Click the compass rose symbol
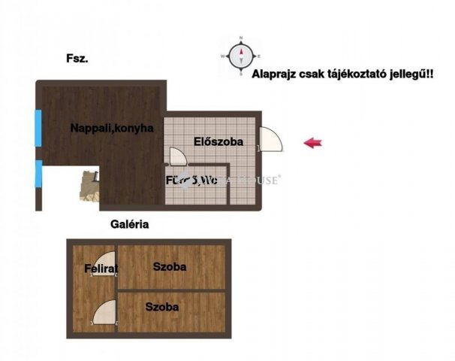(x=240, y=55)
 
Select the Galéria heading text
(x=129, y=224)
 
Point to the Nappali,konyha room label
(x=112, y=128)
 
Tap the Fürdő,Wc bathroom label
(x=192, y=180)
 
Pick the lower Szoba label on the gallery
(x=162, y=307)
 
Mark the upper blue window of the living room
(x=38, y=128)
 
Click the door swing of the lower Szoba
(x=105, y=311)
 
